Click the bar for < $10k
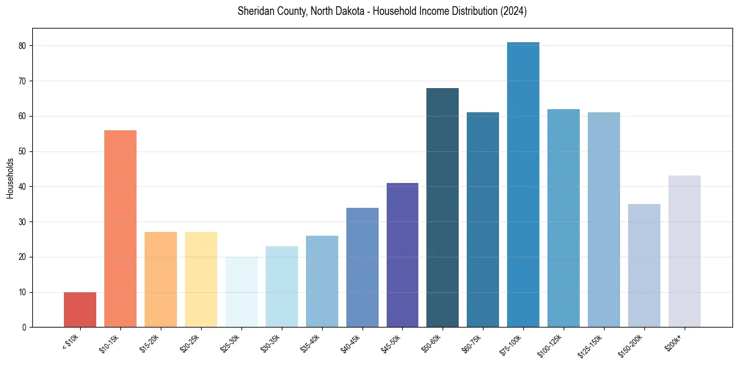(x=80, y=310)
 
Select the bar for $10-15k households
(x=120, y=229)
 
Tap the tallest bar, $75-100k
(x=523, y=185)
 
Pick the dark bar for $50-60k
(x=443, y=208)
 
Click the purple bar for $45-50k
(x=402, y=255)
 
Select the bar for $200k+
(x=685, y=251)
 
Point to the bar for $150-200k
(x=644, y=266)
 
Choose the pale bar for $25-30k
(x=241, y=292)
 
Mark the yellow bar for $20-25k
(x=201, y=280)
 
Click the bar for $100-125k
(x=564, y=218)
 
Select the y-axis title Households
(x=10, y=178)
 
